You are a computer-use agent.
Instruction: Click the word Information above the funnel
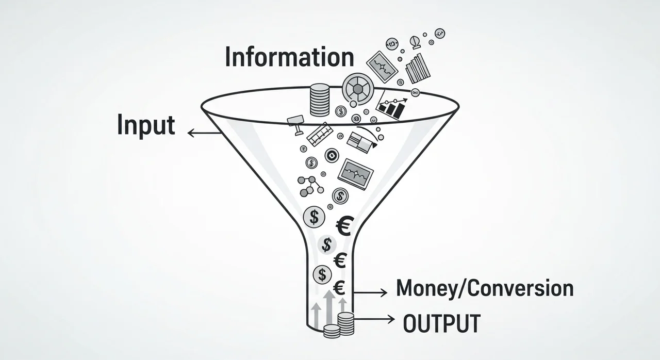289,57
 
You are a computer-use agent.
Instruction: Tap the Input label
146,125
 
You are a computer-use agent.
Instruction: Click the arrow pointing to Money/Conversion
368,292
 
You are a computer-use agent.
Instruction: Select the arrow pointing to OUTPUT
372,319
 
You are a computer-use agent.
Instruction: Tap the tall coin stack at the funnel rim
319,99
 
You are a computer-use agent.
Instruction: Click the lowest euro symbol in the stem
339,288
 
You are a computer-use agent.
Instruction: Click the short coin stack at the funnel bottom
332,331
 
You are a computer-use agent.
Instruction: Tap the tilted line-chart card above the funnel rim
383,67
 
